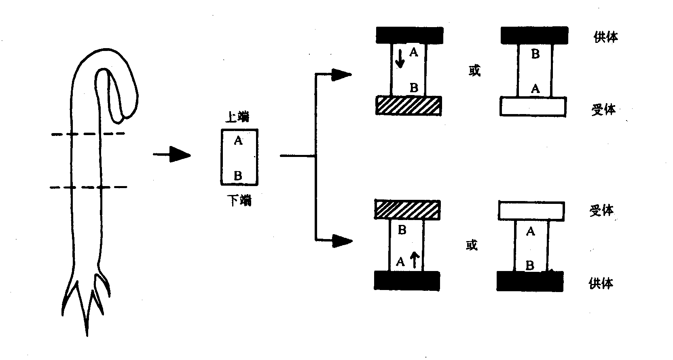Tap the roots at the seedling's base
(86, 303)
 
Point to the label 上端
(237, 117)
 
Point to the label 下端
(239, 200)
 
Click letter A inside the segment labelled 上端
(238, 140)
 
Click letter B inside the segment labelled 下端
(238, 176)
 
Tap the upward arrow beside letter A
(413, 260)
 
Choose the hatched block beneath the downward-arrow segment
(408, 106)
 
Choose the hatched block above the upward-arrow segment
(407, 210)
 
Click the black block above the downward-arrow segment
(409, 35)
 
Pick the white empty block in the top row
(533, 106)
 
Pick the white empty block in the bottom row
(531, 210)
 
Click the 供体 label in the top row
(605, 37)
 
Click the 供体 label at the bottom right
(601, 283)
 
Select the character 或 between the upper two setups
(474, 71)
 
